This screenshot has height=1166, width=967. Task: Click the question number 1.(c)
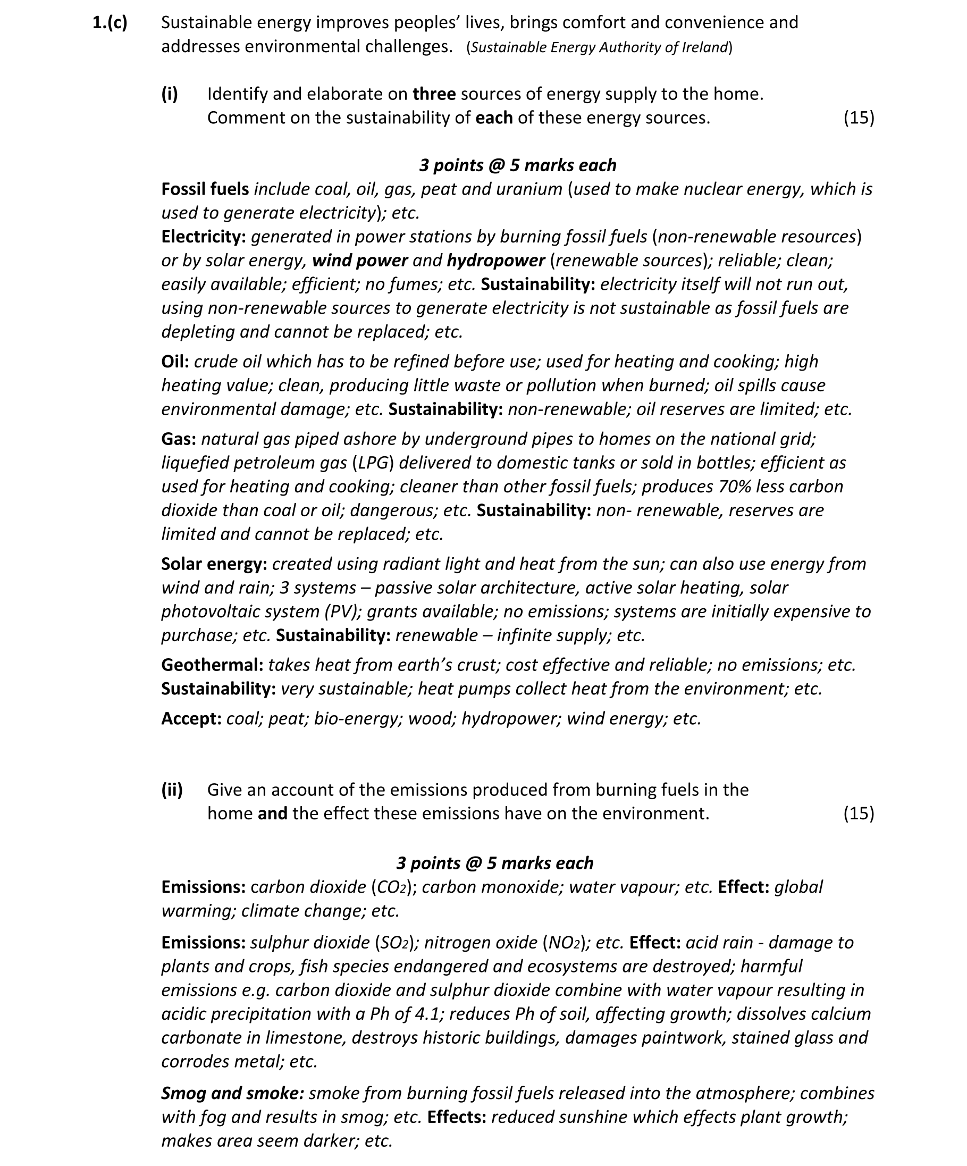click(110, 23)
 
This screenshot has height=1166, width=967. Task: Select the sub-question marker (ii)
click(172, 790)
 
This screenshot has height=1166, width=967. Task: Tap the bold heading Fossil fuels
click(205, 189)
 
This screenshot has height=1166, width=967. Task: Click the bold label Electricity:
click(203, 237)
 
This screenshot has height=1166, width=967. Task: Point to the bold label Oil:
click(175, 362)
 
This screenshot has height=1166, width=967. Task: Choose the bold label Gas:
click(178, 439)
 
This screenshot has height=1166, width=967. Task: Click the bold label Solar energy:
click(214, 564)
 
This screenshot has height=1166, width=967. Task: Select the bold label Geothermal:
click(212, 665)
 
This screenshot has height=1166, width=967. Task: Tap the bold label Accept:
click(191, 719)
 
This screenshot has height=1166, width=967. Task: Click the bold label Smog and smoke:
click(232, 1093)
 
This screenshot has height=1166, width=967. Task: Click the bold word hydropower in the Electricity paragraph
click(495, 261)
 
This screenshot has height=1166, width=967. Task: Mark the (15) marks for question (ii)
click(858, 813)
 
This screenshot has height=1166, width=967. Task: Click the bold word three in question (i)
click(434, 94)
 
